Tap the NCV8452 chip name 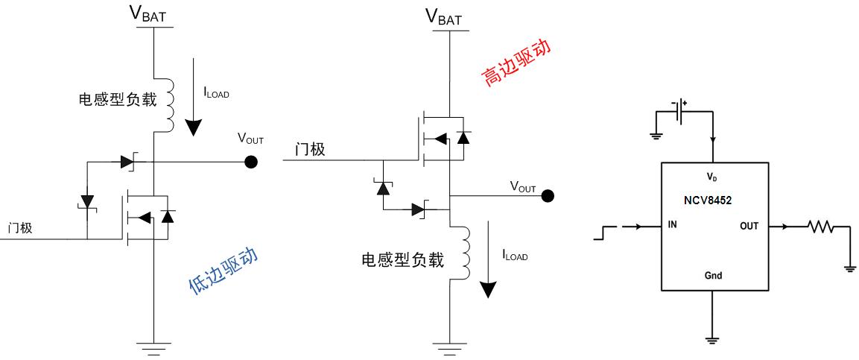[x=711, y=200]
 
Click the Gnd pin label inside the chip [x=712, y=275]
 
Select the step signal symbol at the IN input [x=603, y=235]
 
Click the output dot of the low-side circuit [x=252, y=161]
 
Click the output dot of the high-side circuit [x=548, y=196]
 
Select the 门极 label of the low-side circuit [x=20, y=228]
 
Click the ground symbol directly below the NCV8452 [x=712, y=339]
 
